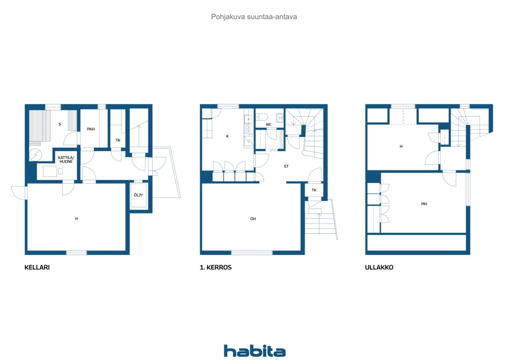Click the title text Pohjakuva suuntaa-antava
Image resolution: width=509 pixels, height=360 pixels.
click(254, 17)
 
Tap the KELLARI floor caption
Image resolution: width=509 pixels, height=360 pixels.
click(37, 267)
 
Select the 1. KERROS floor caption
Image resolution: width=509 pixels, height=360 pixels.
click(216, 267)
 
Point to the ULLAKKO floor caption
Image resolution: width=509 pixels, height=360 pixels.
click(379, 267)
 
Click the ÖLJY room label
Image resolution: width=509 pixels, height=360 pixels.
click(138, 195)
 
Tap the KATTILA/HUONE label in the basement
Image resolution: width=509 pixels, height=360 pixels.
click(66, 160)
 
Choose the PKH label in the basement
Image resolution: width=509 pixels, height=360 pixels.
click(91, 129)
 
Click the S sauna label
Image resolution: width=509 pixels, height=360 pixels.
click(60, 124)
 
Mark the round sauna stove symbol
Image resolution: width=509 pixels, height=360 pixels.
click(35, 155)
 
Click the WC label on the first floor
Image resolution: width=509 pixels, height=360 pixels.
click(268, 125)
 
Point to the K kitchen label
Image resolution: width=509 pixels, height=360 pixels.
click(227, 136)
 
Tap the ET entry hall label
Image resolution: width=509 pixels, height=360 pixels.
click(286, 166)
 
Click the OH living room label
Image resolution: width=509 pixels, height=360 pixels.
click(253, 219)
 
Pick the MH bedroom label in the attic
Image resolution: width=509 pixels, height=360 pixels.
click(424, 204)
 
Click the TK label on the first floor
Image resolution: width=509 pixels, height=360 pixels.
click(314, 190)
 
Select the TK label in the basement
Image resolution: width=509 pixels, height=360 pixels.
click(118, 140)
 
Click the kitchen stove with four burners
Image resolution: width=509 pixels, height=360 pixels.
click(249, 130)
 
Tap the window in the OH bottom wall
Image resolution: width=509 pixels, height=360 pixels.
click(252, 253)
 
